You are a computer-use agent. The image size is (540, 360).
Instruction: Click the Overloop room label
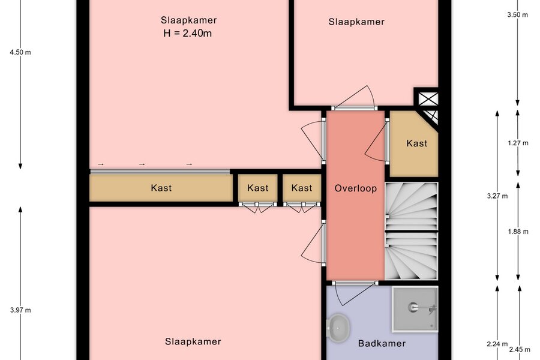point(356,188)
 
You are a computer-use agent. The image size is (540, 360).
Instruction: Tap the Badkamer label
point(382,343)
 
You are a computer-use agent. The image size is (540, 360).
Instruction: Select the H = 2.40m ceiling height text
point(187,34)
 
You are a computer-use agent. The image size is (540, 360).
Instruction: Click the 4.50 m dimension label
point(20,52)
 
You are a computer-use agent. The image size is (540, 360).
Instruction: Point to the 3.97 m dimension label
point(20,310)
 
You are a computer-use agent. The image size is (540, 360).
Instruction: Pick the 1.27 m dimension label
point(518,143)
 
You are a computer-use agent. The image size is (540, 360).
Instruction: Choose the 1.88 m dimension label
point(518,232)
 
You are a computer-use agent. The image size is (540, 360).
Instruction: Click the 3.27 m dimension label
point(497,196)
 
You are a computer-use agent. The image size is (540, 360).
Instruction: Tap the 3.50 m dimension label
point(517,14)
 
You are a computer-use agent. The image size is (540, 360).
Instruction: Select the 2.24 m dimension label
point(497,344)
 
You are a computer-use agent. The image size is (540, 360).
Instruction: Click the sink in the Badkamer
point(338,328)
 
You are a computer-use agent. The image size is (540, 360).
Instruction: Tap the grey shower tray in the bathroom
point(415,309)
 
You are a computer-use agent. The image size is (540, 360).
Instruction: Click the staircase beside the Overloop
point(411,231)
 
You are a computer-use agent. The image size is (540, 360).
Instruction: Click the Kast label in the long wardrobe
point(161,188)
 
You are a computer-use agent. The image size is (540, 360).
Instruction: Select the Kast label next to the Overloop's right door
point(417,143)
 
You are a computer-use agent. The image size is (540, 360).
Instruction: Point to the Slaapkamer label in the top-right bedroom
point(356,22)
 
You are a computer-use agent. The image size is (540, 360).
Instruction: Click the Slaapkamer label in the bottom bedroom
point(193,341)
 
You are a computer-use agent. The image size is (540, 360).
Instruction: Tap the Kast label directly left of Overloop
point(302,188)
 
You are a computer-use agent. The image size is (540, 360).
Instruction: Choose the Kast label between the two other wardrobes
point(257,188)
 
